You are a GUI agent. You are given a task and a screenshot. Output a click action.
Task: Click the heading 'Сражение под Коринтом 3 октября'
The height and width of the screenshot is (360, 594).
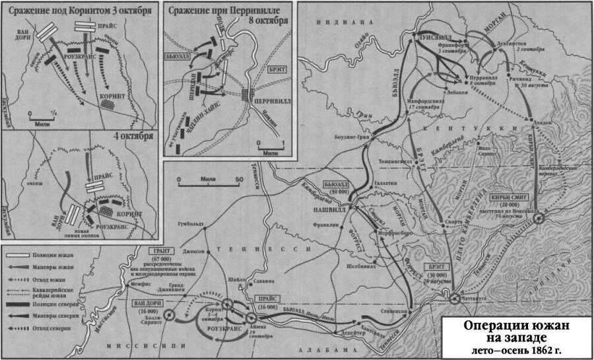[82, 10]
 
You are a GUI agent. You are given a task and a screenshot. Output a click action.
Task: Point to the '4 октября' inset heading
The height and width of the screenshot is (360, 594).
[138, 136]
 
